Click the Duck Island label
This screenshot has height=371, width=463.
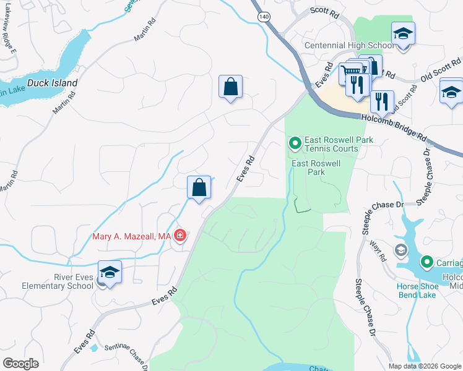[x=56, y=83]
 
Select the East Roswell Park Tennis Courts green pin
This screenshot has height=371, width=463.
[x=295, y=144]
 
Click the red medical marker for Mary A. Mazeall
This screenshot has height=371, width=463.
[x=180, y=236]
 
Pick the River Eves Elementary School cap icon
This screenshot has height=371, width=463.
[x=110, y=273]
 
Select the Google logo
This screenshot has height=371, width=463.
[x=20, y=364]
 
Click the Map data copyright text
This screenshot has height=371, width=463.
[x=425, y=366]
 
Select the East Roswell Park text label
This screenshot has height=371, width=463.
[x=316, y=168]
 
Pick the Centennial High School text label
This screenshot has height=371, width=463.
[x=348, y=46]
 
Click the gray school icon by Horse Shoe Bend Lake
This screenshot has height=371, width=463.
[x=401, y=250]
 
